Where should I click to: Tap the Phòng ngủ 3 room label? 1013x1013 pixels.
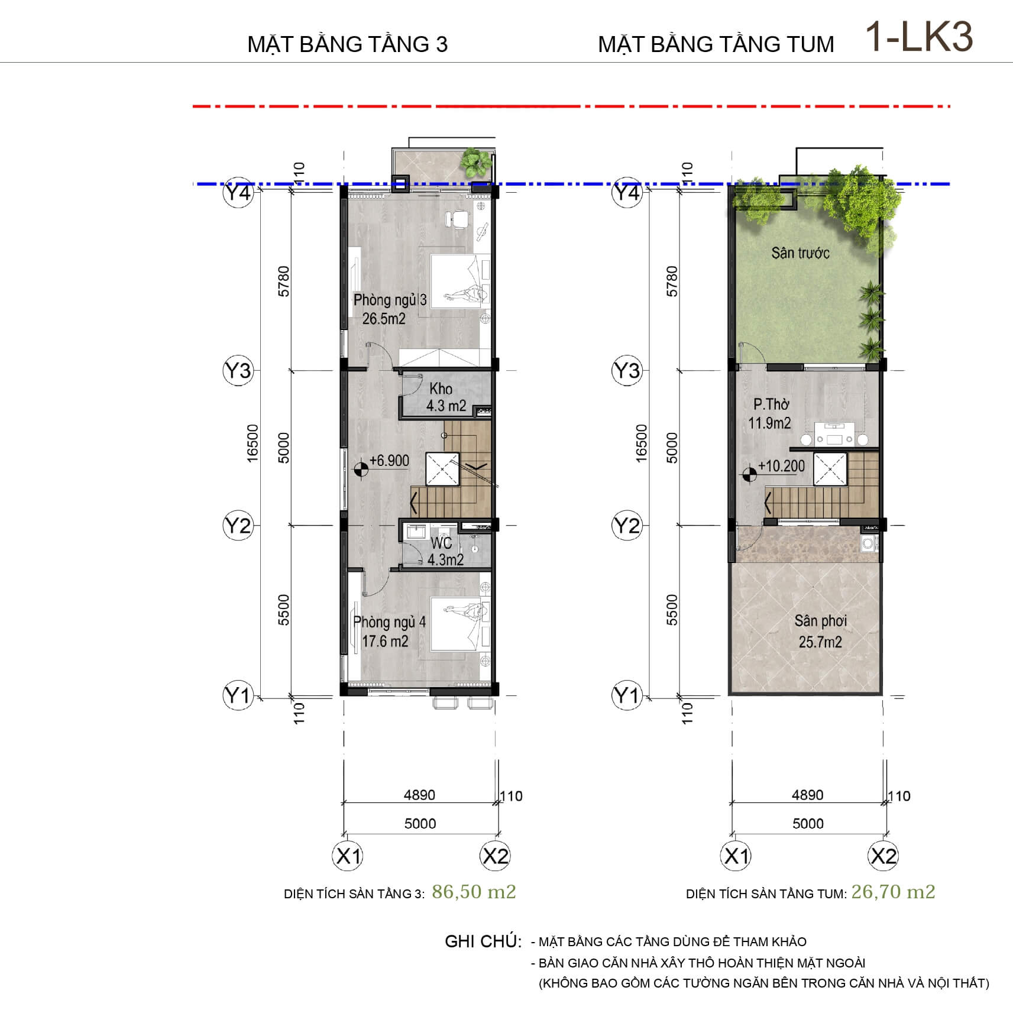pyautogui.click(x=390, y=299)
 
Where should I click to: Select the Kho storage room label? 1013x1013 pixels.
pyautogui.click(x=441, y=389)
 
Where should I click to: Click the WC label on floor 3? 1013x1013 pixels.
pyautogui.click(x=441, y=542)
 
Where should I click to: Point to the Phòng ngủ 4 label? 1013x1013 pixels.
pyautogui.click(x=389, y=622)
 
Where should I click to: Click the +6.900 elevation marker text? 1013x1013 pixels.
pyautogui.click(x=389, y=461)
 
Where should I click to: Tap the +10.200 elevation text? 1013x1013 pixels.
pyautogui.click(x=781, y=466)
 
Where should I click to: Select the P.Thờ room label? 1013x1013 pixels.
pyautogui.click(x=771, y=404)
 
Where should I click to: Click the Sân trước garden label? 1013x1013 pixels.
pyautogui.click(x=800, y=253)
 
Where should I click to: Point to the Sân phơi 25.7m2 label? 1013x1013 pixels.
pyautogui.click(x=820, y=631)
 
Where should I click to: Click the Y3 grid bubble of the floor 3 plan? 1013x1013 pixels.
pyautogui.click(x=238, y=371)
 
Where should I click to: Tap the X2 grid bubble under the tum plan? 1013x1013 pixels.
pyautogui.click(x=883, y=856)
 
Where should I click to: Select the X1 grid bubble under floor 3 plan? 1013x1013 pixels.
pyautogui.click(x=347, y=856)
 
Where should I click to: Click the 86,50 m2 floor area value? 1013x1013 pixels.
pyautogui.click(x=474, y=892)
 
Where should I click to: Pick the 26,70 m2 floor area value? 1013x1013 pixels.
pyautogui.click(x=893, y=892)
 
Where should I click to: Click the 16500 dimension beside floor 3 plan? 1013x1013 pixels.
pyautogui.click(x=253, y=443)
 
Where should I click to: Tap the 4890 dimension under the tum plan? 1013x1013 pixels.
pyautogui.click(x=807, y=795)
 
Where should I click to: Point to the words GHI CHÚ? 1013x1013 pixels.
pyautogui.click(x=483, y=941)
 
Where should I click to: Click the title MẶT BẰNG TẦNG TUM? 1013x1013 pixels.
pyautogui.click(x=716, y=44)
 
